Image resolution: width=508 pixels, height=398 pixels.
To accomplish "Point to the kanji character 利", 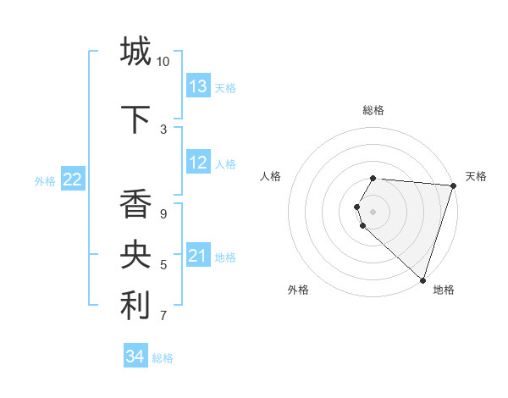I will [x=135, y=307].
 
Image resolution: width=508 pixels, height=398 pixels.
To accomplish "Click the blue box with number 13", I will [x=198, y=86].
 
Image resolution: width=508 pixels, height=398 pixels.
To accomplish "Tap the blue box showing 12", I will [x=198, y=163].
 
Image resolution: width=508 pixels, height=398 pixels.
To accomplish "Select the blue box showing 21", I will [x=198, y=256].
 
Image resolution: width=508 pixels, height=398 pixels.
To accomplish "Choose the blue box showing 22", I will [x=73, y=180].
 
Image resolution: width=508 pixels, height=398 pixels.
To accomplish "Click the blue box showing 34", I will [x=135, y=357].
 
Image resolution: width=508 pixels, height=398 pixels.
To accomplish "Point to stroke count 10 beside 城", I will [x=163, y=62].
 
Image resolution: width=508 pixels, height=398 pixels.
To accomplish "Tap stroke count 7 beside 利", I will [x=163, y=316].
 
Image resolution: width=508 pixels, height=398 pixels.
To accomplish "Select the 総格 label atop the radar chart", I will [x=373, y=110].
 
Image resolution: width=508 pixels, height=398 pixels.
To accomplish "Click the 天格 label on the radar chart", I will [x=476, y=176].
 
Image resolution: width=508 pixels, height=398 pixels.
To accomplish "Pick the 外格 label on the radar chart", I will [x=298, y=290].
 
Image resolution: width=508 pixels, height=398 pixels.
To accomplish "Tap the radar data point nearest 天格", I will [x=453, y=185].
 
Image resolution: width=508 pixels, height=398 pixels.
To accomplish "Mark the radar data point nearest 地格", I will [x=422, y=279].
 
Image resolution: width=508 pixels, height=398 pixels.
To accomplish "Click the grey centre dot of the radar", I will [x=373, y=211].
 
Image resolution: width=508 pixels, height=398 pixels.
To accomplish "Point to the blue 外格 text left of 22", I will [x=45, y=180].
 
